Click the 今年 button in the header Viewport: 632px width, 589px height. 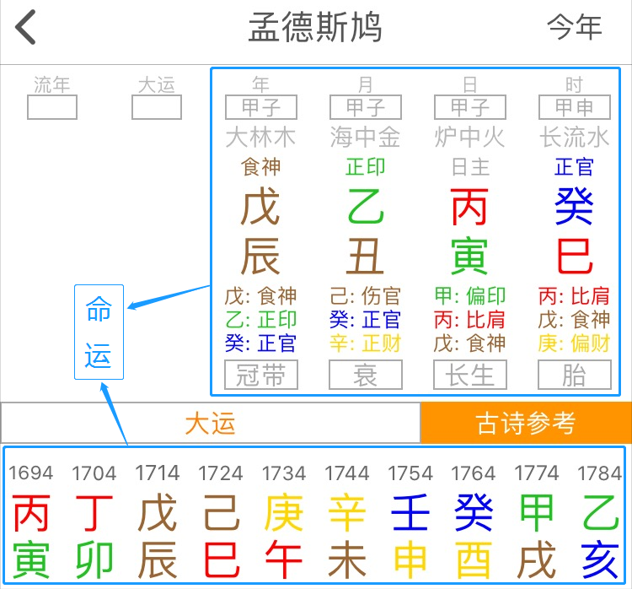click(x=574, y=28)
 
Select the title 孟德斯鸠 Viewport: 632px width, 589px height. click(x=315, y=28)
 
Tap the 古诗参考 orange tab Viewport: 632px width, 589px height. click(x=525, y=423)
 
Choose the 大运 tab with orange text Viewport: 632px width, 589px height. click(x=210, y=423)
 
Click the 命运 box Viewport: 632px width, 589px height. click(x=99, y=332)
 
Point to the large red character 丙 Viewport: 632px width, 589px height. click(x=469, y=208)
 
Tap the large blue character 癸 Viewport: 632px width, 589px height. click(x=574, y=208)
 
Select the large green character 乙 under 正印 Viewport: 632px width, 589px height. click(x=365, y=208)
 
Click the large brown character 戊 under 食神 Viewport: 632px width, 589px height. click(x=260, y=208)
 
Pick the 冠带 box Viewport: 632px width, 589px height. click(x=260, y=375)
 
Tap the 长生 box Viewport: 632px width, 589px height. click(x=469, y=375)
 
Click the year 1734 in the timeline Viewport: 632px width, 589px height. click(x=283, y=473)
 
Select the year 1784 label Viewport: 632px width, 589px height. click(x=599, y=473)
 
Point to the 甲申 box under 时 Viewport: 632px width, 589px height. click(x=574, y=107)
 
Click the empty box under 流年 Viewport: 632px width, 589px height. click(x=52, y=107)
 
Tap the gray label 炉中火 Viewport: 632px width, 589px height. click(x=469, y=137)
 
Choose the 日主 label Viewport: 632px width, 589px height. click(x=469, y=167)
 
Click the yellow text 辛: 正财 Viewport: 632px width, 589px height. click(x=365, y=343)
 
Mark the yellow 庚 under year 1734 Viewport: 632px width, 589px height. click(x=283, y=513)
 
